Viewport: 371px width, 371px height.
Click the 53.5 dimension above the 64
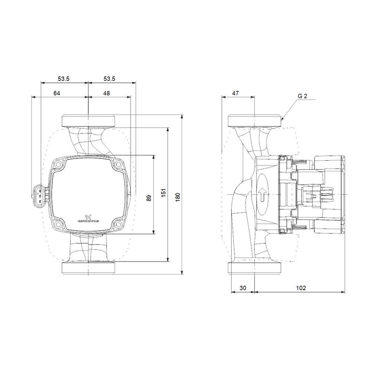[x=63, y=79]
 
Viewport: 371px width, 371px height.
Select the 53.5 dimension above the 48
[x=109, y=79]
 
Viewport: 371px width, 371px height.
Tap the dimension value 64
[x=56, y=93]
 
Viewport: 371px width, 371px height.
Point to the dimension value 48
[x=106, y=93]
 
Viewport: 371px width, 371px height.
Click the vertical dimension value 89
[x=149, y=198]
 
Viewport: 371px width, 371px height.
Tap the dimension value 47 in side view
[x=235, y=93]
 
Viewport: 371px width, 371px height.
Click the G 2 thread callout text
[x=302, y=96]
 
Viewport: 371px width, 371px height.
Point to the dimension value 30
[x=242, y=288]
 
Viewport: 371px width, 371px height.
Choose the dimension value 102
[x=301, y=288]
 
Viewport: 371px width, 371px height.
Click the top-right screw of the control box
[x=118, y=164]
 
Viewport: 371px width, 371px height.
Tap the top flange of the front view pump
[x=88, y=121]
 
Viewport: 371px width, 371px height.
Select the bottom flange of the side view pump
[x=255, y=268]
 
